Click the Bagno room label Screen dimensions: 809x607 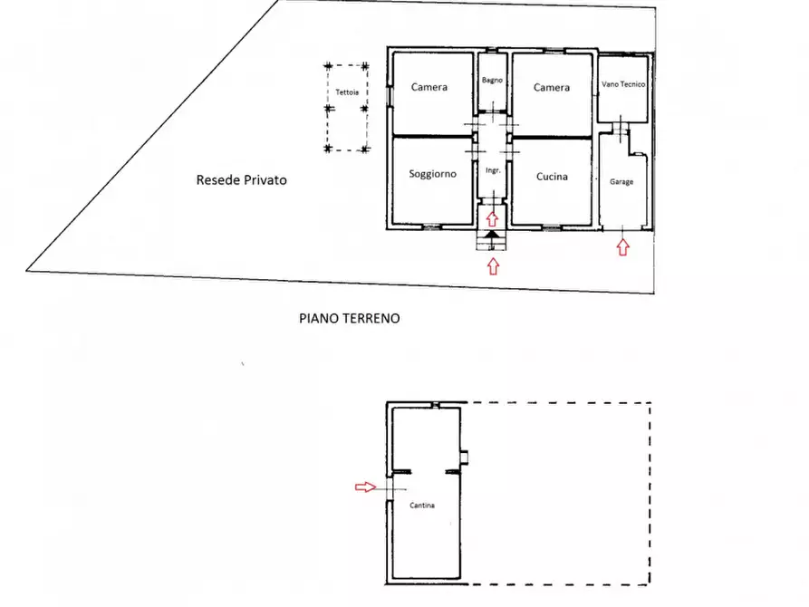coord(492,80)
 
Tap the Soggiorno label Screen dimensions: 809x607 coord(432,174)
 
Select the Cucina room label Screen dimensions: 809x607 coord(552,177)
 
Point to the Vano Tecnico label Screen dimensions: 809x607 coord(623,84)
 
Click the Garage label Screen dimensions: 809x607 coord(621,182)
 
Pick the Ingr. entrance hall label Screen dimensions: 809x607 coord(493,170)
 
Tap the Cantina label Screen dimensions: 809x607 coord(422,506)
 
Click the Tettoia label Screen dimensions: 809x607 coord(347,92)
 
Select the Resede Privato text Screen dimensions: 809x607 coord(242,180)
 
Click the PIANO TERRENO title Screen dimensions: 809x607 coord(350,319)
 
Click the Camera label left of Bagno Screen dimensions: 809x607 coord(429,87)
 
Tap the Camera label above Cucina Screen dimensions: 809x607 coord(552,88)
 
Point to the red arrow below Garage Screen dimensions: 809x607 coord(623,247)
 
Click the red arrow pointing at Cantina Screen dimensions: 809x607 coord(365,487)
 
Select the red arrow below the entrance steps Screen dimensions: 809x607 coord(493,266)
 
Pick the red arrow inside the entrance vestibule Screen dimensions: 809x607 coord(492,219)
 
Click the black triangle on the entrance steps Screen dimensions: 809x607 coord(493,235)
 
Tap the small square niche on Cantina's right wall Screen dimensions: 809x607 coord(464,458)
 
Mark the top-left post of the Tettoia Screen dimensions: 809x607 coord(328,66)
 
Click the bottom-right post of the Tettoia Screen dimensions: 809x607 coord(365,149)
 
